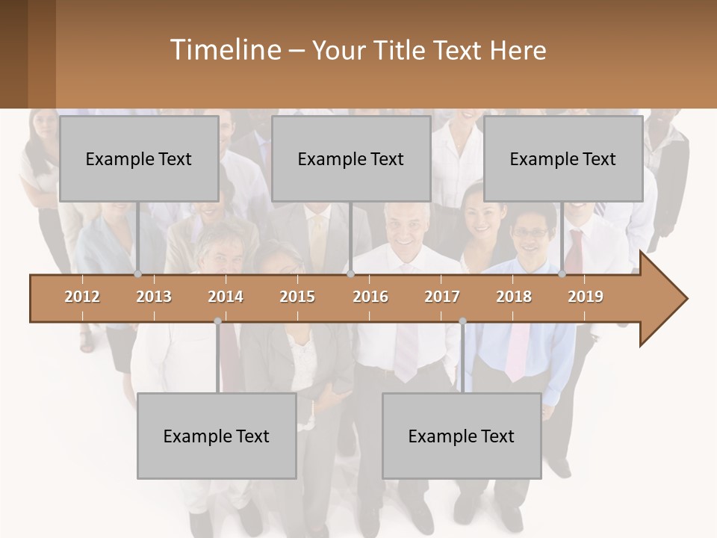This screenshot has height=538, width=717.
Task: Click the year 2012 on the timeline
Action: pos(82,297)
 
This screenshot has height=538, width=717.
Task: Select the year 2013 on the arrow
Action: pos(154,297)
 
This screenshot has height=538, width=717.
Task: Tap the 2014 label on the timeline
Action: pos(226,297)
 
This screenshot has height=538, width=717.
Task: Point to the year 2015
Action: pos(297,297)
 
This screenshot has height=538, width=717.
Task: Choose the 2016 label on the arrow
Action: pos(370,297)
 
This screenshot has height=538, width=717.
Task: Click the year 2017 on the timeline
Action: pos(442,297)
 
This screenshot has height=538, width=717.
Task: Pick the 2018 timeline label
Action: pos(514,297)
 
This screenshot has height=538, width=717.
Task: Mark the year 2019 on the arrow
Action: pos(586,297)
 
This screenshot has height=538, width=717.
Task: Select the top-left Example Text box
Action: pos(139,158)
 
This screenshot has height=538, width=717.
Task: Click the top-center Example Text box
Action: pos(351,158)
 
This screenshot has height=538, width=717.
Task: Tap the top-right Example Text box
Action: pos(563,158)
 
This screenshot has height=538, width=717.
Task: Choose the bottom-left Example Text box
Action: pos(217,436)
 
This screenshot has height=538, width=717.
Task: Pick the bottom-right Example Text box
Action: pos(462,436)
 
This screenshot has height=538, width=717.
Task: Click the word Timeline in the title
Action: pos(224,50)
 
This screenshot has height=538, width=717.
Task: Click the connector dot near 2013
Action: pos(137,273)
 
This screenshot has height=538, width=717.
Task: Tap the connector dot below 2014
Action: pos(217,321)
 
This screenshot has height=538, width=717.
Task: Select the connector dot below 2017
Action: pos(462,321)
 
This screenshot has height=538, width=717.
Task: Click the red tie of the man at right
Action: pos(574,250)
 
